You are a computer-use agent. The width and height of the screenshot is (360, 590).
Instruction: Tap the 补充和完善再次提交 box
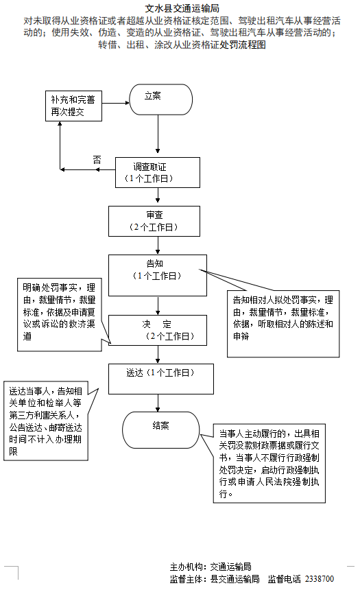73,106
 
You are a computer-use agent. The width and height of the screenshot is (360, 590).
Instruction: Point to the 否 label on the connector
96,160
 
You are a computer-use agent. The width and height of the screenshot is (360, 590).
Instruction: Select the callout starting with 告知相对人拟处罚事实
283,322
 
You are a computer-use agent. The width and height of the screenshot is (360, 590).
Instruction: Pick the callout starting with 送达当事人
46,421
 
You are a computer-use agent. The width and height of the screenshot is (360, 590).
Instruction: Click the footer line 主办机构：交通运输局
210,567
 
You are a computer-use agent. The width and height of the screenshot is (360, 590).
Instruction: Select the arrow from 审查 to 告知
158,245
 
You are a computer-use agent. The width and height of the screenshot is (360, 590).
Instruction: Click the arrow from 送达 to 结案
158,403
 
